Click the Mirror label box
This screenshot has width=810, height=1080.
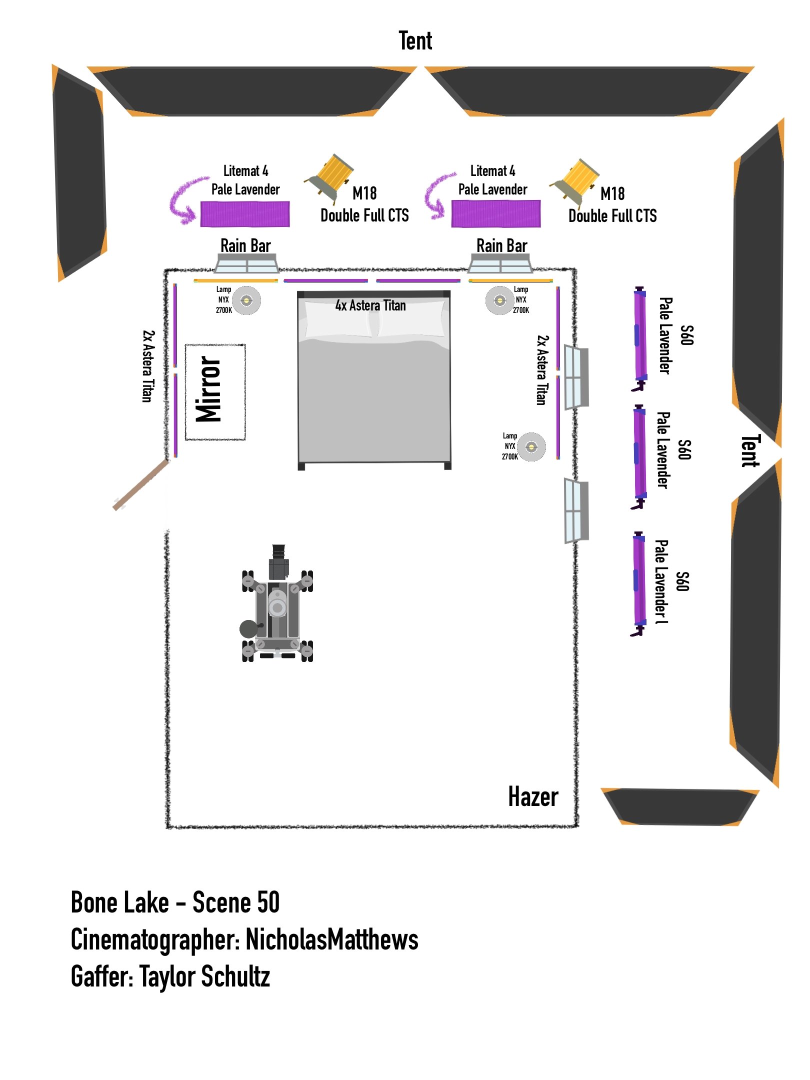[215, 392]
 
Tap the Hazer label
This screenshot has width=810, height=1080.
[533, 796]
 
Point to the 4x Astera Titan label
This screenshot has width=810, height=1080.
[370, 305]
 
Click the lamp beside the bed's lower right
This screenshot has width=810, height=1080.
[531, 446]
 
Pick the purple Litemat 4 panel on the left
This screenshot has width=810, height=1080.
[245, 214]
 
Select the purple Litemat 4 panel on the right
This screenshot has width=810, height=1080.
[495, 214]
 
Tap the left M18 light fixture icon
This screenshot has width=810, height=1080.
[330, 177]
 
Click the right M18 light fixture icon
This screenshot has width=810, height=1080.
[576, 181]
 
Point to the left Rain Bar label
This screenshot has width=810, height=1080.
[245, 246]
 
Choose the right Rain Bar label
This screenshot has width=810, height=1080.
[501, 246]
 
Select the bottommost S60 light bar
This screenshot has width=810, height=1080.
[638, 583]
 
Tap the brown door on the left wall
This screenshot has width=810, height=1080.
[141, 485]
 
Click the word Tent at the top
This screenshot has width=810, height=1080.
[415, 41]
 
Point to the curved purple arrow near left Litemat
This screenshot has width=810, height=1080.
[184, 200]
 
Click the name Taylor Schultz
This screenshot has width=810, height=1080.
[205, 977]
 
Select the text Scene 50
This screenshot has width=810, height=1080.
[236, 903]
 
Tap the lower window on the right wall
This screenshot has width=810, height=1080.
[576, 511]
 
